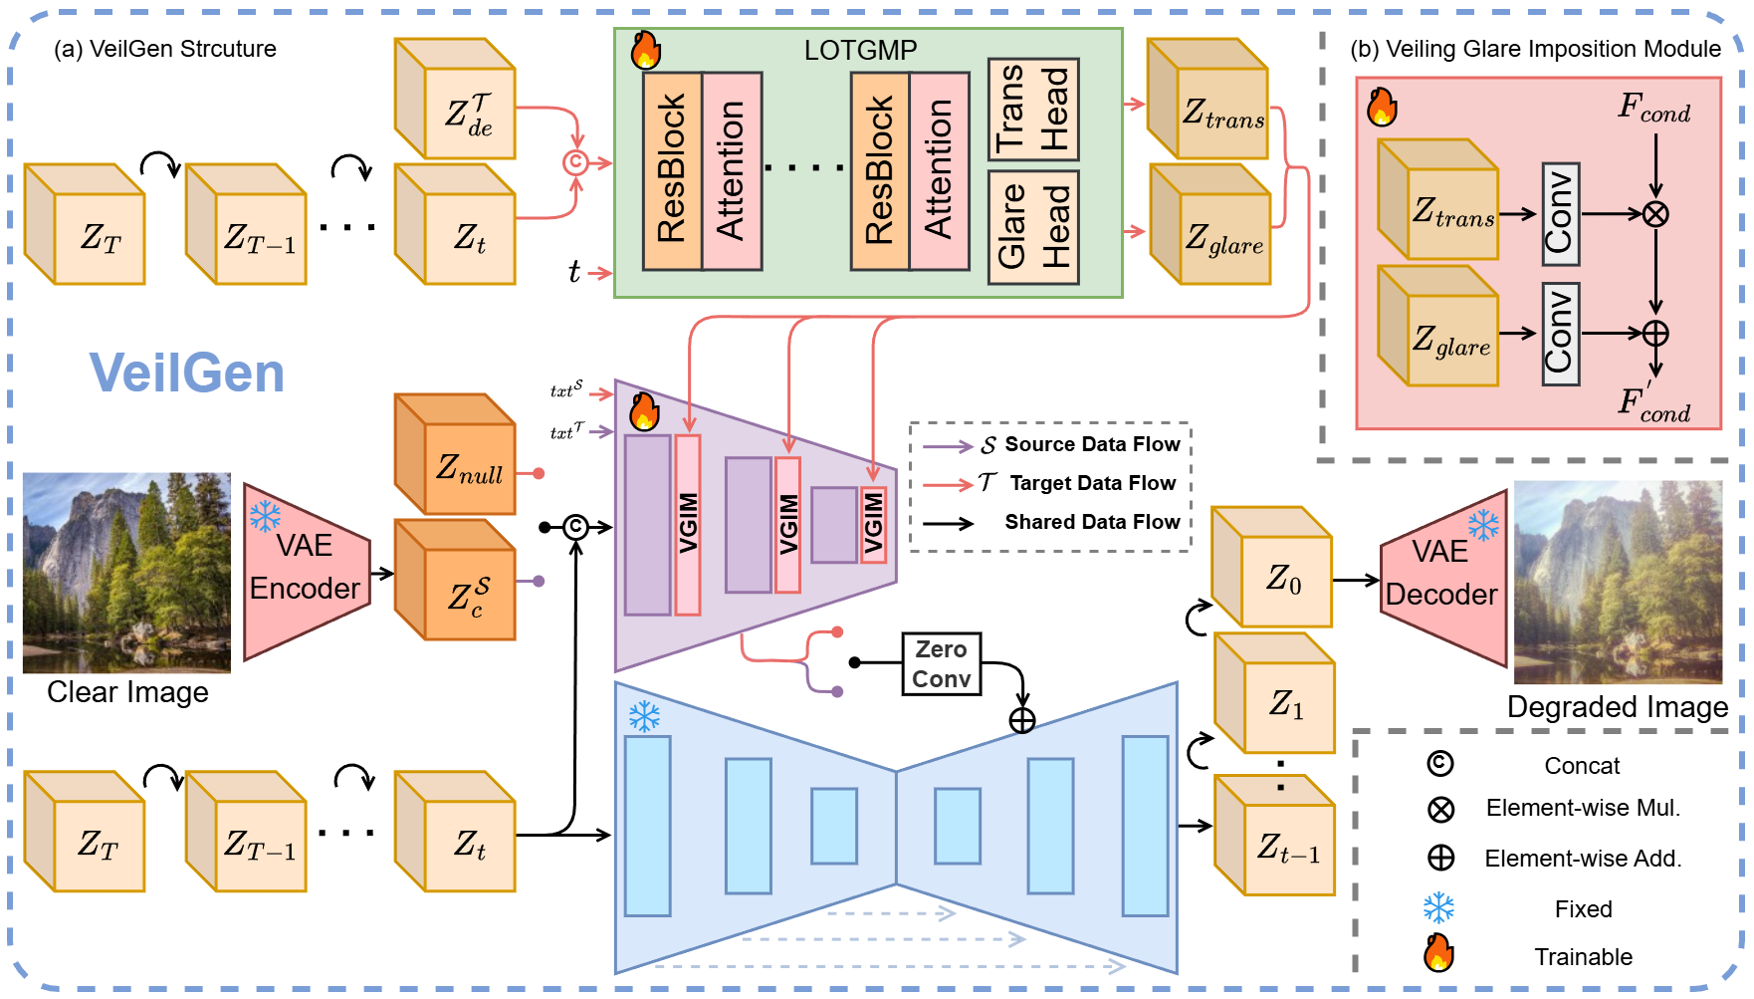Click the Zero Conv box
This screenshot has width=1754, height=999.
(941, 663)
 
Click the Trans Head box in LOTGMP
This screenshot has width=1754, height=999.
(1033, 109)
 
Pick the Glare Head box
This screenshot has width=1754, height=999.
(1033, 227)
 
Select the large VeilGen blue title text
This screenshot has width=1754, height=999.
(187, 374)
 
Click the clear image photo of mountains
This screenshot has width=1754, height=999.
(126, 572)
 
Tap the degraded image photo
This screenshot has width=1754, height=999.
(1618, 583)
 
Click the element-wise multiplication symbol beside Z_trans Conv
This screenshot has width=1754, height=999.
(1655, 214)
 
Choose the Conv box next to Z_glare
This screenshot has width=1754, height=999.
(1560, 333)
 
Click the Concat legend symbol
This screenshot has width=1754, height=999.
(1440, 764)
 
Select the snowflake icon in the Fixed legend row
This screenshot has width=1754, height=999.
(1439, 907)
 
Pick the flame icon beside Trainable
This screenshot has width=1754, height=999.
(1438, 953)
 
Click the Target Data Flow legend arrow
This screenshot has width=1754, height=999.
(947, 484)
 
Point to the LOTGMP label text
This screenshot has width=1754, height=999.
(860, 50)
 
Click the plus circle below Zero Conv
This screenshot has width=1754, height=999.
(1022, 720)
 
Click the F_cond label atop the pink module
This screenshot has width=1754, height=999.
(1653, 108)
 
